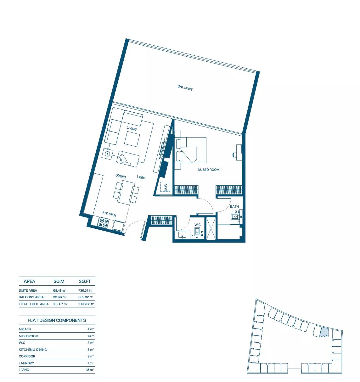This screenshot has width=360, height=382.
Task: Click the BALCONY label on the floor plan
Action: (185, 88)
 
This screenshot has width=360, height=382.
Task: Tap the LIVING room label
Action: (132, 128)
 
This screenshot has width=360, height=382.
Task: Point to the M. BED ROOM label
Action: (209, 170)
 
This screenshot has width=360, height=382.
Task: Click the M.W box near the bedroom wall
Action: (166, 187)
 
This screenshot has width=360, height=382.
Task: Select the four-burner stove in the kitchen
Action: (103, 223)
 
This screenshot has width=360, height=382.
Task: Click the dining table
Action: (126, 192)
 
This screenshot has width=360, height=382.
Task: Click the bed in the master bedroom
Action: (191, 150)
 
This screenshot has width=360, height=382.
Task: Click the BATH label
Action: (234, 206)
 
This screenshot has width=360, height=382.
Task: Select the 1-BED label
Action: (141, 177)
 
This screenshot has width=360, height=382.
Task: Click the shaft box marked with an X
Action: (211, 228)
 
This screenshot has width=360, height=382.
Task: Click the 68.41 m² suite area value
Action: (59, 290)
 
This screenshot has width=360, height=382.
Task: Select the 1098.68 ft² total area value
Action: (86, 304)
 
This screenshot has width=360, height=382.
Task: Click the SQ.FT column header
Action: (85, 281)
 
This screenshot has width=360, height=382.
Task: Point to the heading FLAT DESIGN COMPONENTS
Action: (57, 320)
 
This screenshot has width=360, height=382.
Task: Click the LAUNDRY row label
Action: (26, 363)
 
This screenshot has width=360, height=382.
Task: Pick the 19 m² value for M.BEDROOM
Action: (91, 336)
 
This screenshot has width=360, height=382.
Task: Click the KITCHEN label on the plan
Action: (109, 214)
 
